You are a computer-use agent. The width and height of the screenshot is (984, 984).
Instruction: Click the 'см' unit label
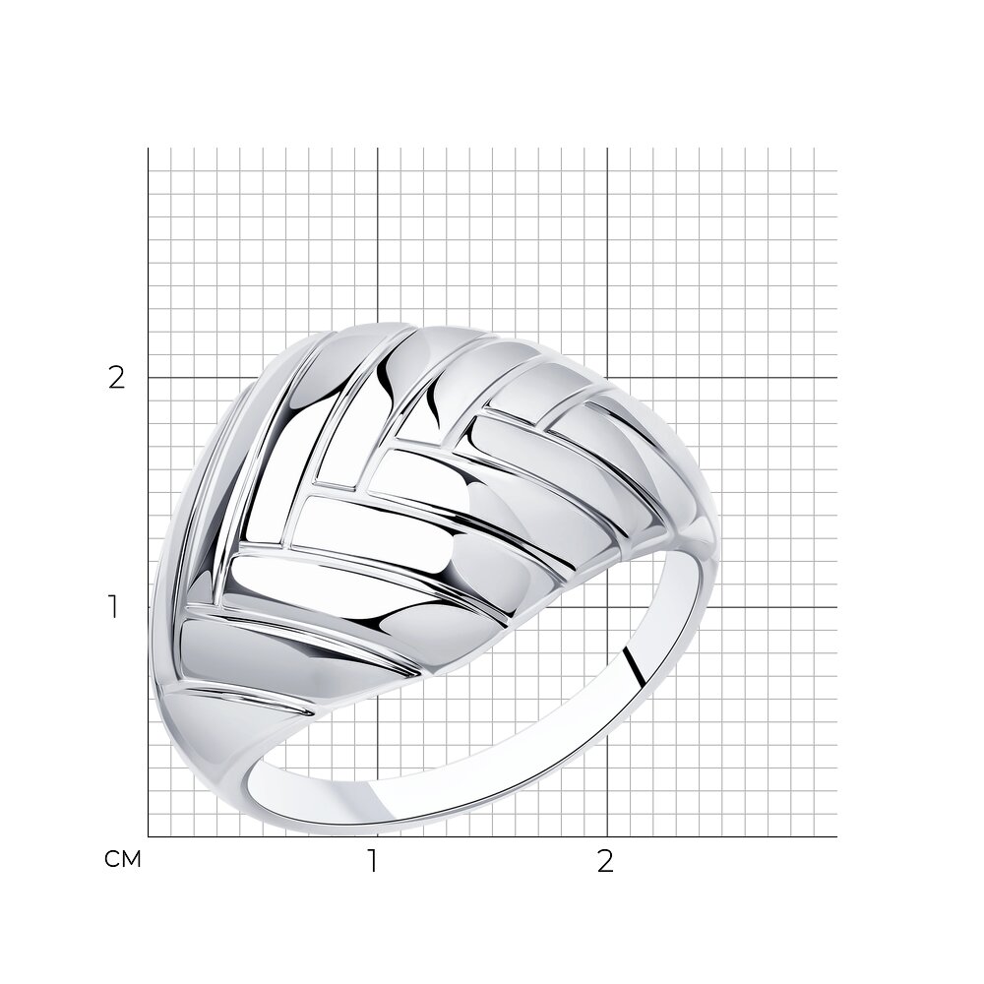pyautogui.click(x=123, y=859)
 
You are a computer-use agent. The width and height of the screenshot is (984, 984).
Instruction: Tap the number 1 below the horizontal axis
pyautogui.click(x=373, y=862)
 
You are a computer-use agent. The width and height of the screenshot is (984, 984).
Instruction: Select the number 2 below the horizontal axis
pyautogui.click(x=604, y=862)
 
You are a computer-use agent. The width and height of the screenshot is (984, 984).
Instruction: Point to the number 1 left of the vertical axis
pyautogui.click(x=113, y=607)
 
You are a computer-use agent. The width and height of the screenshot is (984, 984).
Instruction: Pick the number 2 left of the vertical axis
pyautogui.click(x=117, y=377)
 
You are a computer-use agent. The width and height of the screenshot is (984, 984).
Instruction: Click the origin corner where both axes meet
pyautogui.click(x=149, y=836)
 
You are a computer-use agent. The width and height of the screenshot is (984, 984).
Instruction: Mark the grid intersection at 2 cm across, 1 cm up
pyautogui.click(x=607, y=607)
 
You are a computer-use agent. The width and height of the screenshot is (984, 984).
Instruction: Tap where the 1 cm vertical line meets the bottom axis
pyautogui.click(x=377, y=836)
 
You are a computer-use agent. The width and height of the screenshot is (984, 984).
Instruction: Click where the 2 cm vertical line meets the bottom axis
pyautogui.click(x=607, y=836)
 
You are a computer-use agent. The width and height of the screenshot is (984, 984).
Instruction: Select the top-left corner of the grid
pyautogui.click(x=149, y=149)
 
